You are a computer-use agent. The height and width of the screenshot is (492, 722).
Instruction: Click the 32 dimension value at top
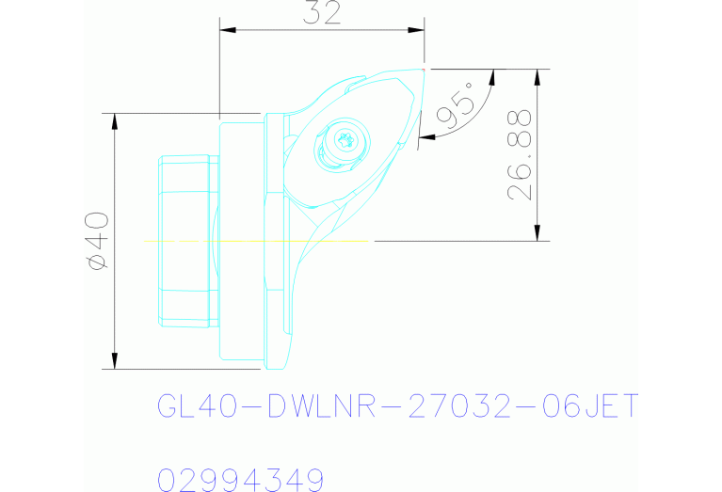click(x=322, y=12)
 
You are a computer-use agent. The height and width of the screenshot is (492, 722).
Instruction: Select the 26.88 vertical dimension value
click(x=519, y=154)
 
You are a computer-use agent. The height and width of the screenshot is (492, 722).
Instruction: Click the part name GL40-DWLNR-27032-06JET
click(x=397, y=407)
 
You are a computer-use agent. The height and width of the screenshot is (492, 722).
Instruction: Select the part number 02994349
click(x=240, y=480)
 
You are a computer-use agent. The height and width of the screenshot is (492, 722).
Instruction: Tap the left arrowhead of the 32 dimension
click(x=226, y=30)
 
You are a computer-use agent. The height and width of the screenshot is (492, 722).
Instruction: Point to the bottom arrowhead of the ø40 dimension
click(x=115, y=362)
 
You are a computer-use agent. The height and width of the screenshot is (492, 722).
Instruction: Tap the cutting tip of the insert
click(x=426, y=69)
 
